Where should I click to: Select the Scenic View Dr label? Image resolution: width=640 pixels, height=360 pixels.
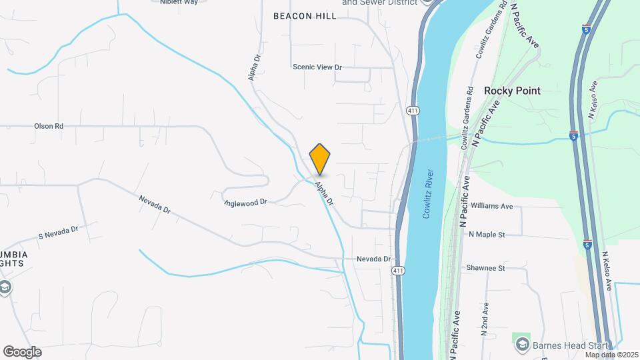(x=317, y=67)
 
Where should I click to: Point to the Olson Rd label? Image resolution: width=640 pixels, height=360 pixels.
(x=49, y=125)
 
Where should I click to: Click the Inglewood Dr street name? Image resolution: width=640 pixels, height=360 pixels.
(x=245, y=201)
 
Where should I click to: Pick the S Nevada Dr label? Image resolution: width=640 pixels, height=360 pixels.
(x=58, y=232)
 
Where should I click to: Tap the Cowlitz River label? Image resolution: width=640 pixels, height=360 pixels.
(x=428, y=193)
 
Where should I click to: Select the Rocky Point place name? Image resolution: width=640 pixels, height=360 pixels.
(x=512, y=91)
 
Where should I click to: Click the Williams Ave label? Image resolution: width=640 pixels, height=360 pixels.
(x=492, y=207)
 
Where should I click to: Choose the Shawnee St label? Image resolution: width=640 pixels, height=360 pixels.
(x=487, y=268)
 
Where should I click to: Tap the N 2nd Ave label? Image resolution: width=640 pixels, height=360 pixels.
(x=485, y=319)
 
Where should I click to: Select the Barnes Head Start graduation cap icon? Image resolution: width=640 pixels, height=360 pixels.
(x=523, y=344)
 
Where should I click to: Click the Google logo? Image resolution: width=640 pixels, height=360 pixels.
(x=22, y=351)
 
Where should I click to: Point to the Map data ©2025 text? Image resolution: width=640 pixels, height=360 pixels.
(x=611, y=354)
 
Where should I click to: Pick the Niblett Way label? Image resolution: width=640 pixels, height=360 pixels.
(x=179, y=2)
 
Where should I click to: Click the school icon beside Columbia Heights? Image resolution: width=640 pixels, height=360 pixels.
(x=5, y=287)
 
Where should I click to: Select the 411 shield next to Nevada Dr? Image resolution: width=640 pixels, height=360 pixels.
(x=398, y=270)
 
